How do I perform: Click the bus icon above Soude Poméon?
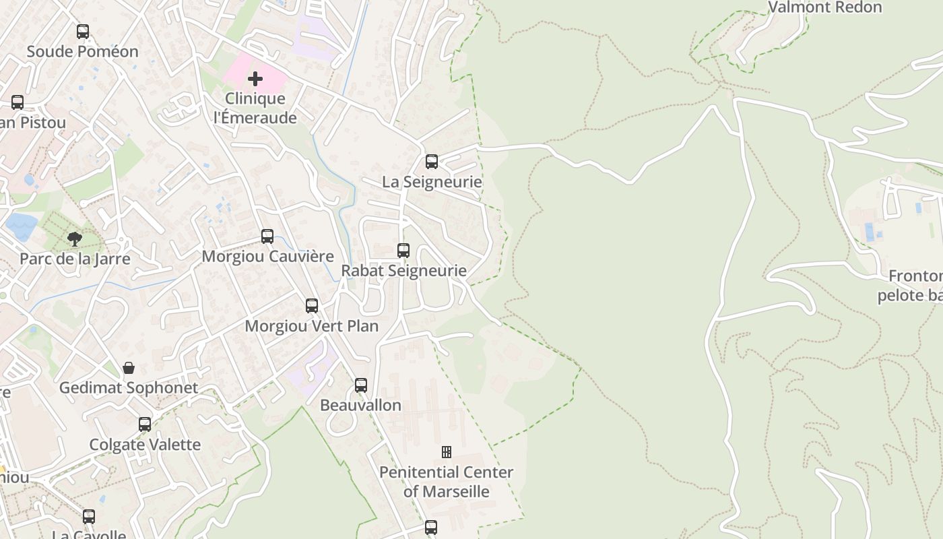pyautogui.click(x=83, y=32)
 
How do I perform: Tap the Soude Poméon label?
pyautogui.click(x=82, y=51)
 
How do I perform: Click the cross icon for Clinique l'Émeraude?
pyautogui.click(x=255, y=80)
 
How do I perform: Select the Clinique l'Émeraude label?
pyautogui.click(x=255, y=108)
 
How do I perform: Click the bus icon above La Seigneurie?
pyautogui.click(x=432, y=162)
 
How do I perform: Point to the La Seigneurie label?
pyautogui.click(x=432, y=181)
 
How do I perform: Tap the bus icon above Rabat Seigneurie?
pyautogui.click(x=403, y=251)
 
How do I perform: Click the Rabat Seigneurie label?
pyautogui.click(x=403, y=270)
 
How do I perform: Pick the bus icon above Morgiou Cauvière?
pyautogui.click(x=267, y=236)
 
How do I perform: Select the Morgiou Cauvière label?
pyautogui.click(x=267, y=256)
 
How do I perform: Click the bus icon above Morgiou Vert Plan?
pyautogui.click(x=312, y=306)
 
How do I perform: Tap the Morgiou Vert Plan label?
pyautogui.click(x=311, y=325)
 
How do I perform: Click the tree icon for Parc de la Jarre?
pyautogui.click(x=75, y=239)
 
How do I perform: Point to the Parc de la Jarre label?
pyautogui.click(x=75, y=258)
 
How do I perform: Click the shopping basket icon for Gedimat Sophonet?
pyautogui.click(x=129, y=368)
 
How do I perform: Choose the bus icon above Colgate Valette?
pyautogui.click(x=145, y=424)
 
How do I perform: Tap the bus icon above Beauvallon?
pyautogui.click(x=361, y=385)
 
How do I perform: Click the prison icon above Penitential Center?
pyautogui.click(x=446, y=452)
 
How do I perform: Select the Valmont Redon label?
pyautogui.click(x=824, y=7)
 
